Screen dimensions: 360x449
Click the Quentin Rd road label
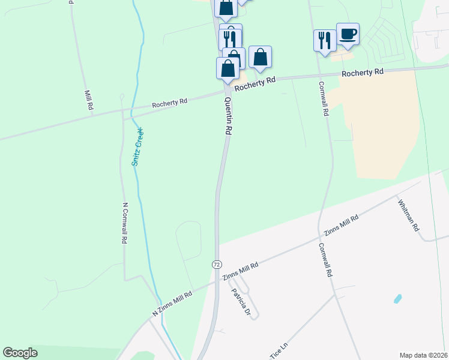(228, 116)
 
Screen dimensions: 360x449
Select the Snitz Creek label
(137, 146)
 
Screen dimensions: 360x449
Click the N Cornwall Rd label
(125, 222)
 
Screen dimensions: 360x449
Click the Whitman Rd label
(408, 216)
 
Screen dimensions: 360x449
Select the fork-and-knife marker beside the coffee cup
(325, 40)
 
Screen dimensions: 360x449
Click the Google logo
(20, 353)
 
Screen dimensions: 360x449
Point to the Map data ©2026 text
(423, 355)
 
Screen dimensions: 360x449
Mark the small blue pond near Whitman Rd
(397, 298)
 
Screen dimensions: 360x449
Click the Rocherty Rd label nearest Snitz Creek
(169, 103)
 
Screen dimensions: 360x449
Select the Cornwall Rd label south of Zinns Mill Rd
(325, 259)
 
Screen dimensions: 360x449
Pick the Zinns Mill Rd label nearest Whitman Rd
(341, 225)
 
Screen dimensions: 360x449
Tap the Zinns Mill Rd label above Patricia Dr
(240, 271)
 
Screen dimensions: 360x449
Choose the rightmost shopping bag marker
(260, 57)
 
